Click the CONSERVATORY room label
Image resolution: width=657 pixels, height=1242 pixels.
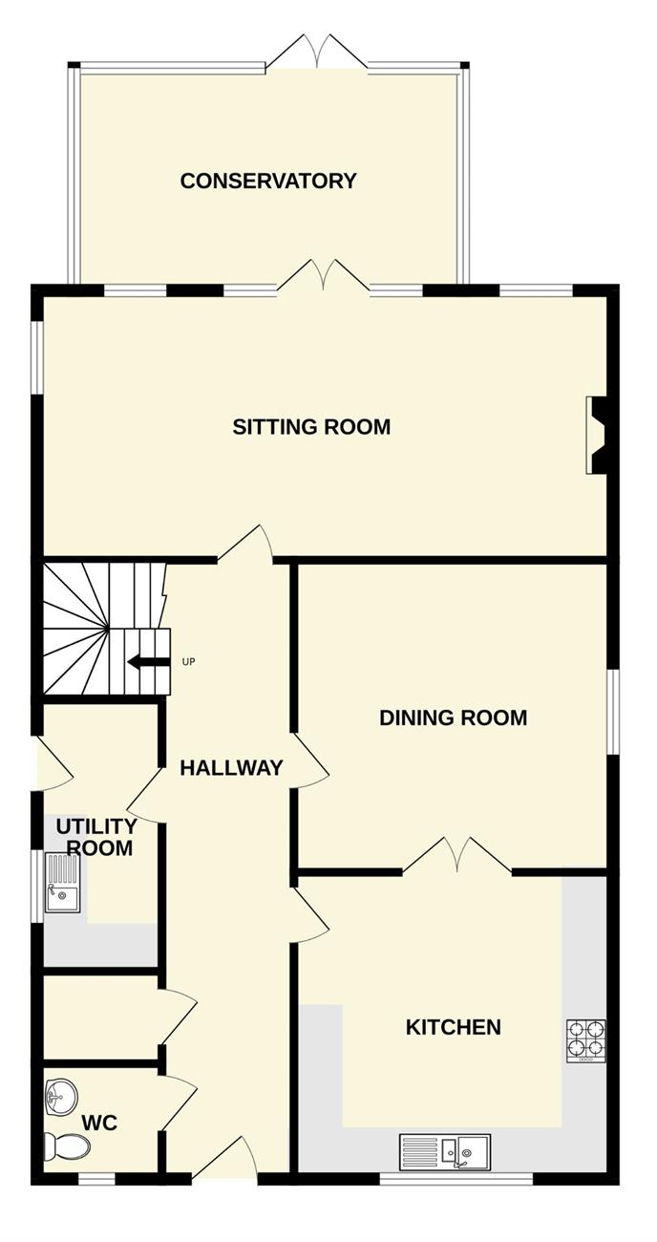(267, 181)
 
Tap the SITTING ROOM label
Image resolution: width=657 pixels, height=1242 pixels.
(311, 427)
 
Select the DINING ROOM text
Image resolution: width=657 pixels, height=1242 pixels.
(453, 717)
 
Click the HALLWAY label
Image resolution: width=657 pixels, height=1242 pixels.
(231, 767)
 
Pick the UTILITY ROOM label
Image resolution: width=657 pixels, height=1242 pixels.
(97, 837)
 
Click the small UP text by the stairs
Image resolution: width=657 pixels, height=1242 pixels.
(188, 661)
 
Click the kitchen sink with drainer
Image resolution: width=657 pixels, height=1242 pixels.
(445, 1150)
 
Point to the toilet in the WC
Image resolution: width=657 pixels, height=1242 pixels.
(67, 1146)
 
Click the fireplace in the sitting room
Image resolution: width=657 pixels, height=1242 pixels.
(597, 436)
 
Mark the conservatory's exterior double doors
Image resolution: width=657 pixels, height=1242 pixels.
(316, 53)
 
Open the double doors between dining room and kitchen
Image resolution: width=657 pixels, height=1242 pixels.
(456, 854)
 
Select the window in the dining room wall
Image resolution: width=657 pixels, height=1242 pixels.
(613, 712)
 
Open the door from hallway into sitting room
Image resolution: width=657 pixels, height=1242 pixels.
(244, 544)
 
